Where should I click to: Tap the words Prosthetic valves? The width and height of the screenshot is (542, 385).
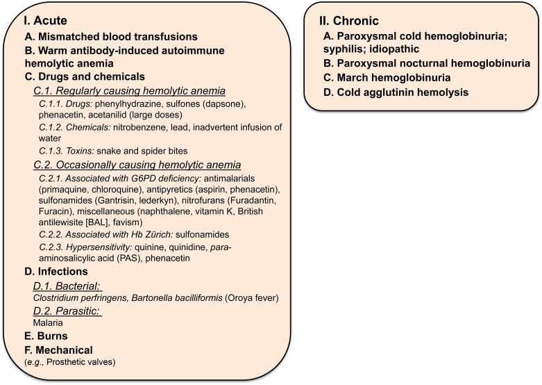coord(82,361)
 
